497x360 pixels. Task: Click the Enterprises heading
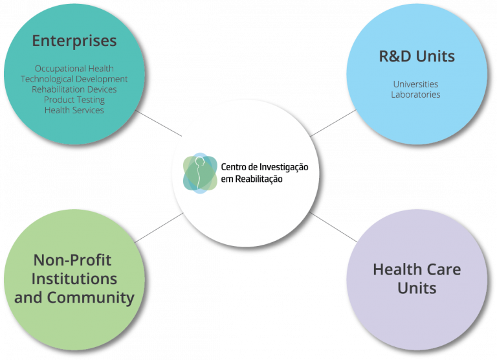(74, 41)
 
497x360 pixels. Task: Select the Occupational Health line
(74, 69)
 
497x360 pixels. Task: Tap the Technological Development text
(74, 79)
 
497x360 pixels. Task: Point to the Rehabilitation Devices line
(74, 89)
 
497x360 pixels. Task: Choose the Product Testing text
(74, 100)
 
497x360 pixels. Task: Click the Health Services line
(74, 110)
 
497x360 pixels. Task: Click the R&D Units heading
(416, 56)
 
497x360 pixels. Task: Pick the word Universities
(415, 84)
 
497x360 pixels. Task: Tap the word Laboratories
(415, 95)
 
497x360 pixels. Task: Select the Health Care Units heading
(417, 278)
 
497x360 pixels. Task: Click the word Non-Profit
(72, 260)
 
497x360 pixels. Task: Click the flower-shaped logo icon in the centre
(200, 173)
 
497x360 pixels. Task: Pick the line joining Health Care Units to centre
(333, 227)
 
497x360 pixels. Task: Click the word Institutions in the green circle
(74, 279)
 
